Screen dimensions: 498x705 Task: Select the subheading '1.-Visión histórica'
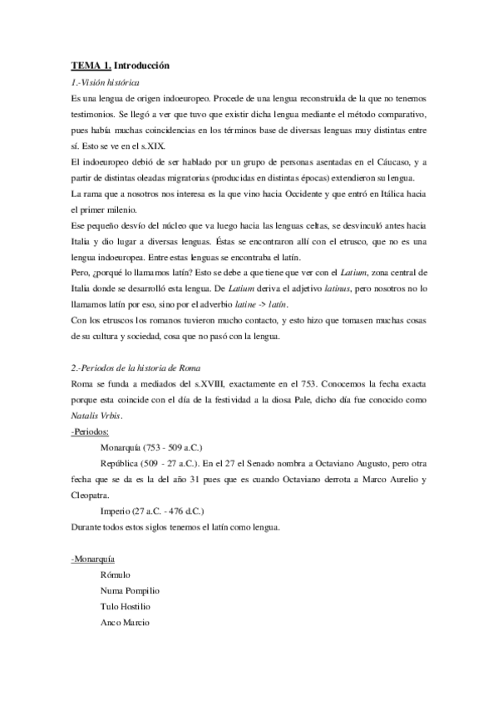106,84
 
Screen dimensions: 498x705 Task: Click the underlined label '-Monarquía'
93,557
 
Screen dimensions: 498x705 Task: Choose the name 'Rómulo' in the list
115,574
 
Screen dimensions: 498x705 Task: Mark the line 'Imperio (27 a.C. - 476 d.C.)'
150,510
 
